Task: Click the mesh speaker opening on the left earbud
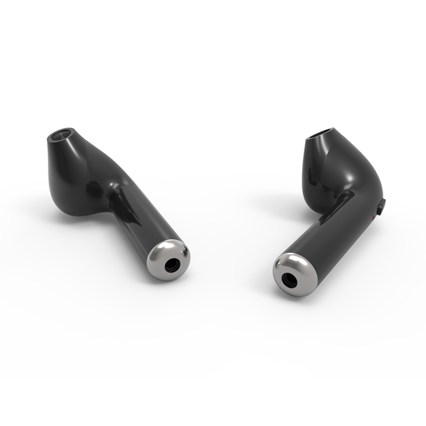coord(63,134)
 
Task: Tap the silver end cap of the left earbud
coord(168,259)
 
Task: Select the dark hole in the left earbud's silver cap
coord(171,265)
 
